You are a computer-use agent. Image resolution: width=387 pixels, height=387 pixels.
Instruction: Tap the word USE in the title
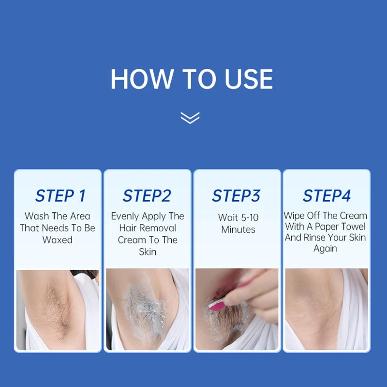249,79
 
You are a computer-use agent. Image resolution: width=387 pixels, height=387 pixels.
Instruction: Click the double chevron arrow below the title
190,118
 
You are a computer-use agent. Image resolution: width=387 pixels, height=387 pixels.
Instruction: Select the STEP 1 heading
60,196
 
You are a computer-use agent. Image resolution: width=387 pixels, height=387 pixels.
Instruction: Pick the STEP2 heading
147,196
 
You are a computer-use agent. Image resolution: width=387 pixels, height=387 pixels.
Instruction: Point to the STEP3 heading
236,196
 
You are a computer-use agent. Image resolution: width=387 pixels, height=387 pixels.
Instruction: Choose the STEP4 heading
327,196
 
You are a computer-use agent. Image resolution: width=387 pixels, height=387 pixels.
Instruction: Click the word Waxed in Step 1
58,240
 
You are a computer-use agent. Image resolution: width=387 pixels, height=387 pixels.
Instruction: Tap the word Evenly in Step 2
125,216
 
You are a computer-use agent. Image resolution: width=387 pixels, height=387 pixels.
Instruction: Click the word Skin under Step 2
148,252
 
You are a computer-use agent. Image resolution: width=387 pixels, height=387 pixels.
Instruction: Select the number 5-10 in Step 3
250,217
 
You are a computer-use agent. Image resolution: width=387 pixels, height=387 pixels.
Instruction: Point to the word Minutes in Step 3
238,229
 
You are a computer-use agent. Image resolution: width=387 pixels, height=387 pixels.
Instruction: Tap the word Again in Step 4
325,249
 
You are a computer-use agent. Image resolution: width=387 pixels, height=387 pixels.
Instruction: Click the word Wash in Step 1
37,216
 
